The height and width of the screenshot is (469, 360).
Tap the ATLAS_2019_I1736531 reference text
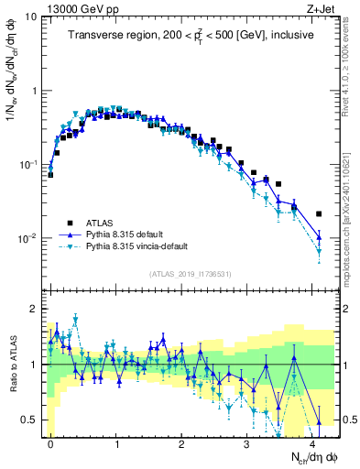(x=191, y=274)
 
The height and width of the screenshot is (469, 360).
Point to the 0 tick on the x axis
(x=51, y=442)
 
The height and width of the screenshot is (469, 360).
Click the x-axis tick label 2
(x=182, y=442)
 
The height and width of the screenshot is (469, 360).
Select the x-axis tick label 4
(x=313, y=442)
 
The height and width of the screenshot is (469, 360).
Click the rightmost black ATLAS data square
(x=319, y=213)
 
